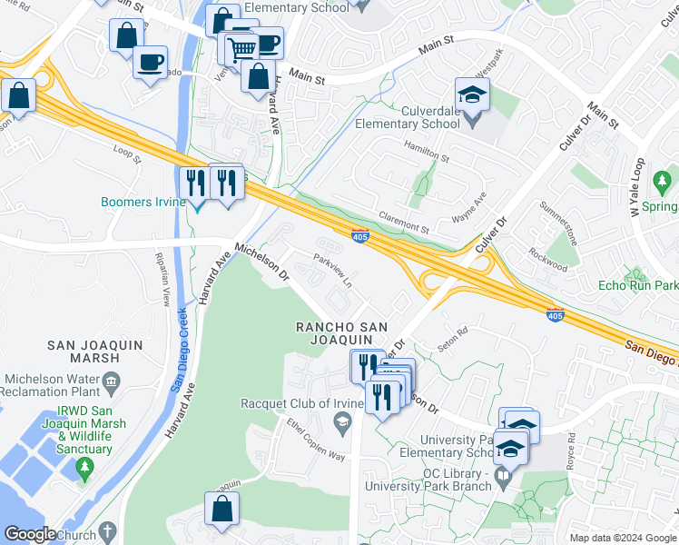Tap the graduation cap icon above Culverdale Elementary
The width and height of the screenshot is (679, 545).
coord(472,95)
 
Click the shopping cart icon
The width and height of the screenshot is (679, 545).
coord(242,48)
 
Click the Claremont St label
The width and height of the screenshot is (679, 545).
coord(403,223)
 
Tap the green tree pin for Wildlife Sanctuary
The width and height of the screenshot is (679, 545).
coord(85,469)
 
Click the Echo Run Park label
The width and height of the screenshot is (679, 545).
coord(638,285)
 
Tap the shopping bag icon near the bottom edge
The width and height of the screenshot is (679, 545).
coord(222,511)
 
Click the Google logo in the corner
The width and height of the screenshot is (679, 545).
coord(30,535)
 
